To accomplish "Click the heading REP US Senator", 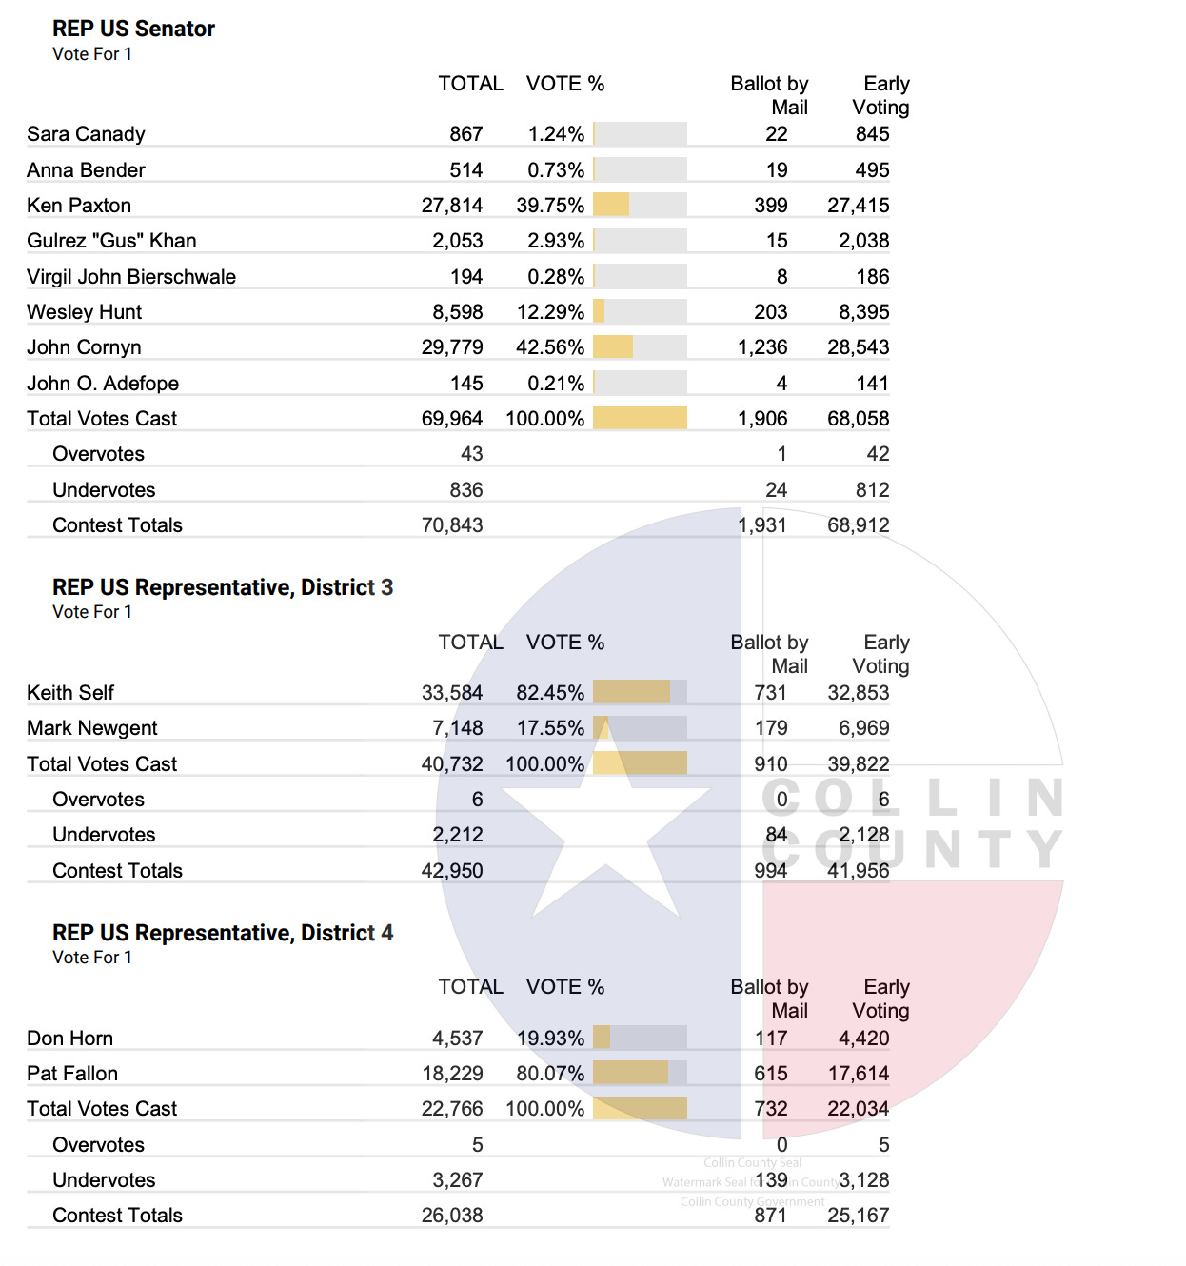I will point(133,29).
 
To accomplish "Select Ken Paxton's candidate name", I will point(79,206).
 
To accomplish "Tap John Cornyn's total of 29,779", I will point(452,347).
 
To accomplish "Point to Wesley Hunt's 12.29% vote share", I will point(550,312).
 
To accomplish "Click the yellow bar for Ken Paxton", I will point(611,205).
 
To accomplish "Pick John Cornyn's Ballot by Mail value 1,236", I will point(762,347).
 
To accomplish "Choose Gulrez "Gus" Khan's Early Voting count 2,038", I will point(863,241).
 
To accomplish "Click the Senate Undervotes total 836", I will point(466,490).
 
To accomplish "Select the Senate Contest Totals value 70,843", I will point(452,525).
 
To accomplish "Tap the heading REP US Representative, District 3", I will point(223,587).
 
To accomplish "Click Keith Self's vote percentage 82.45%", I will point(550,693).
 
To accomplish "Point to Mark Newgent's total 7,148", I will point(458,728).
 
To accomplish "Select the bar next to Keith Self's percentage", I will point(631,692).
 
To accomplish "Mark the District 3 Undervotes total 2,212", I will point(458,835).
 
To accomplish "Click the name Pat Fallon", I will point(72,1074).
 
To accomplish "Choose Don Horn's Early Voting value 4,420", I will point(863,1039).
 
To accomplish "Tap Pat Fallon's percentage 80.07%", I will point(550,1074).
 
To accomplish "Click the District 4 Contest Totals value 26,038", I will point(452,1216).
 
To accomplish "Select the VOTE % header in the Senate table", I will point(565,84).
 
